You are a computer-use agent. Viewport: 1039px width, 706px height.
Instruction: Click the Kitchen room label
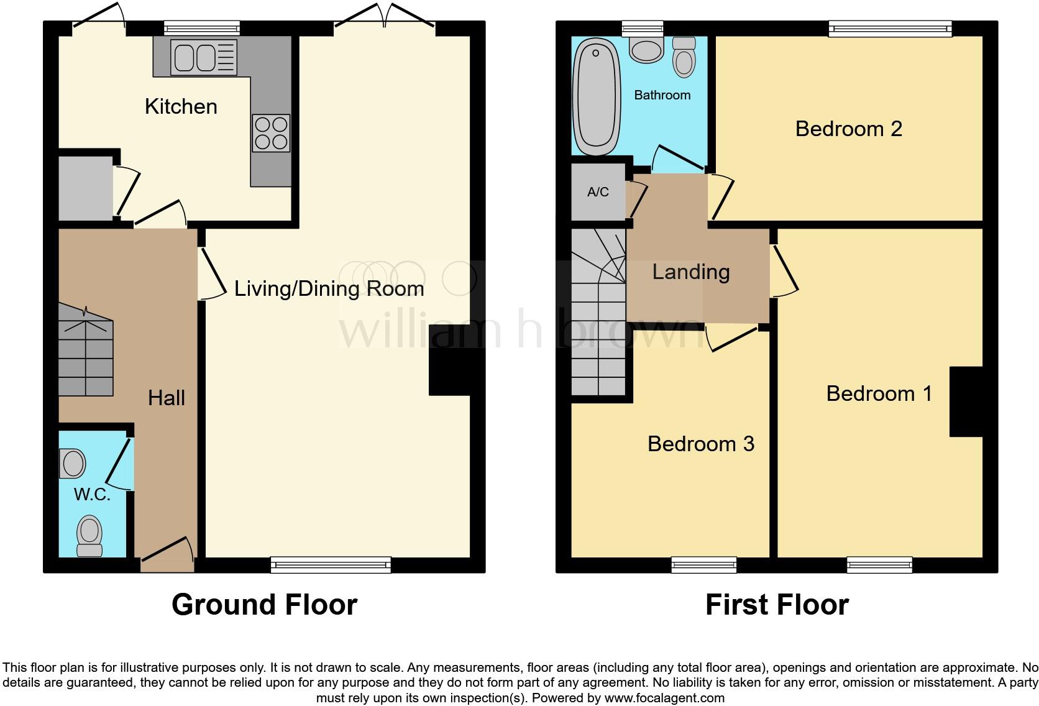(x=181, y=106)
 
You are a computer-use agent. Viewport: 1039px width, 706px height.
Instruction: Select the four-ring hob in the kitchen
(x=271, y=133)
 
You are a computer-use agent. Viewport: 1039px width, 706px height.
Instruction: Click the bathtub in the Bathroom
(x=596, y=97)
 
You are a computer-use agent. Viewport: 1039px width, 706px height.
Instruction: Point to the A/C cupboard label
(x=598, y=192)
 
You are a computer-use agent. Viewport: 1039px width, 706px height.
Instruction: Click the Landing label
(x=690, y=272)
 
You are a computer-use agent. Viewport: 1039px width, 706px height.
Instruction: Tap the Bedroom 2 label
(x=848, y=129)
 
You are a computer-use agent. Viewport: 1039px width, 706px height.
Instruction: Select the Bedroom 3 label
(x=700, y=444)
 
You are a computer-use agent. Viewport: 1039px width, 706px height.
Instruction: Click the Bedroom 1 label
(x=879, y=393)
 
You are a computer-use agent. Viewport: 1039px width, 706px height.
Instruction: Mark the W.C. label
(x=92, y=495)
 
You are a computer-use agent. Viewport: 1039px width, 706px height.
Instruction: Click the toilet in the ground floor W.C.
(x=89, y=535)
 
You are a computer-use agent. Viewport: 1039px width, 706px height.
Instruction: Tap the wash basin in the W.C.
(x=73, y=464)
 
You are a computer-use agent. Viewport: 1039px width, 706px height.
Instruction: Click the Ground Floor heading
(x=264, y=604)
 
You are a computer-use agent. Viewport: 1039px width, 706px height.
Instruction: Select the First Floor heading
(x=777, y=604)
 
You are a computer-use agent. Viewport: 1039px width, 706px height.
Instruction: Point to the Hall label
(x=167, y=398)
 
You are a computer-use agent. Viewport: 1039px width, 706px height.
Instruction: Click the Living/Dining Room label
(x=329, y=288)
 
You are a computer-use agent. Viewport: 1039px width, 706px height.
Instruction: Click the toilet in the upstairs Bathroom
(x=684, y=57)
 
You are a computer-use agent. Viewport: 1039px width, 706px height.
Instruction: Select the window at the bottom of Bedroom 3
(x=703, y=564)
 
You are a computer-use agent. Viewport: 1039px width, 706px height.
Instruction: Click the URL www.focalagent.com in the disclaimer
(x=664, y=698)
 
